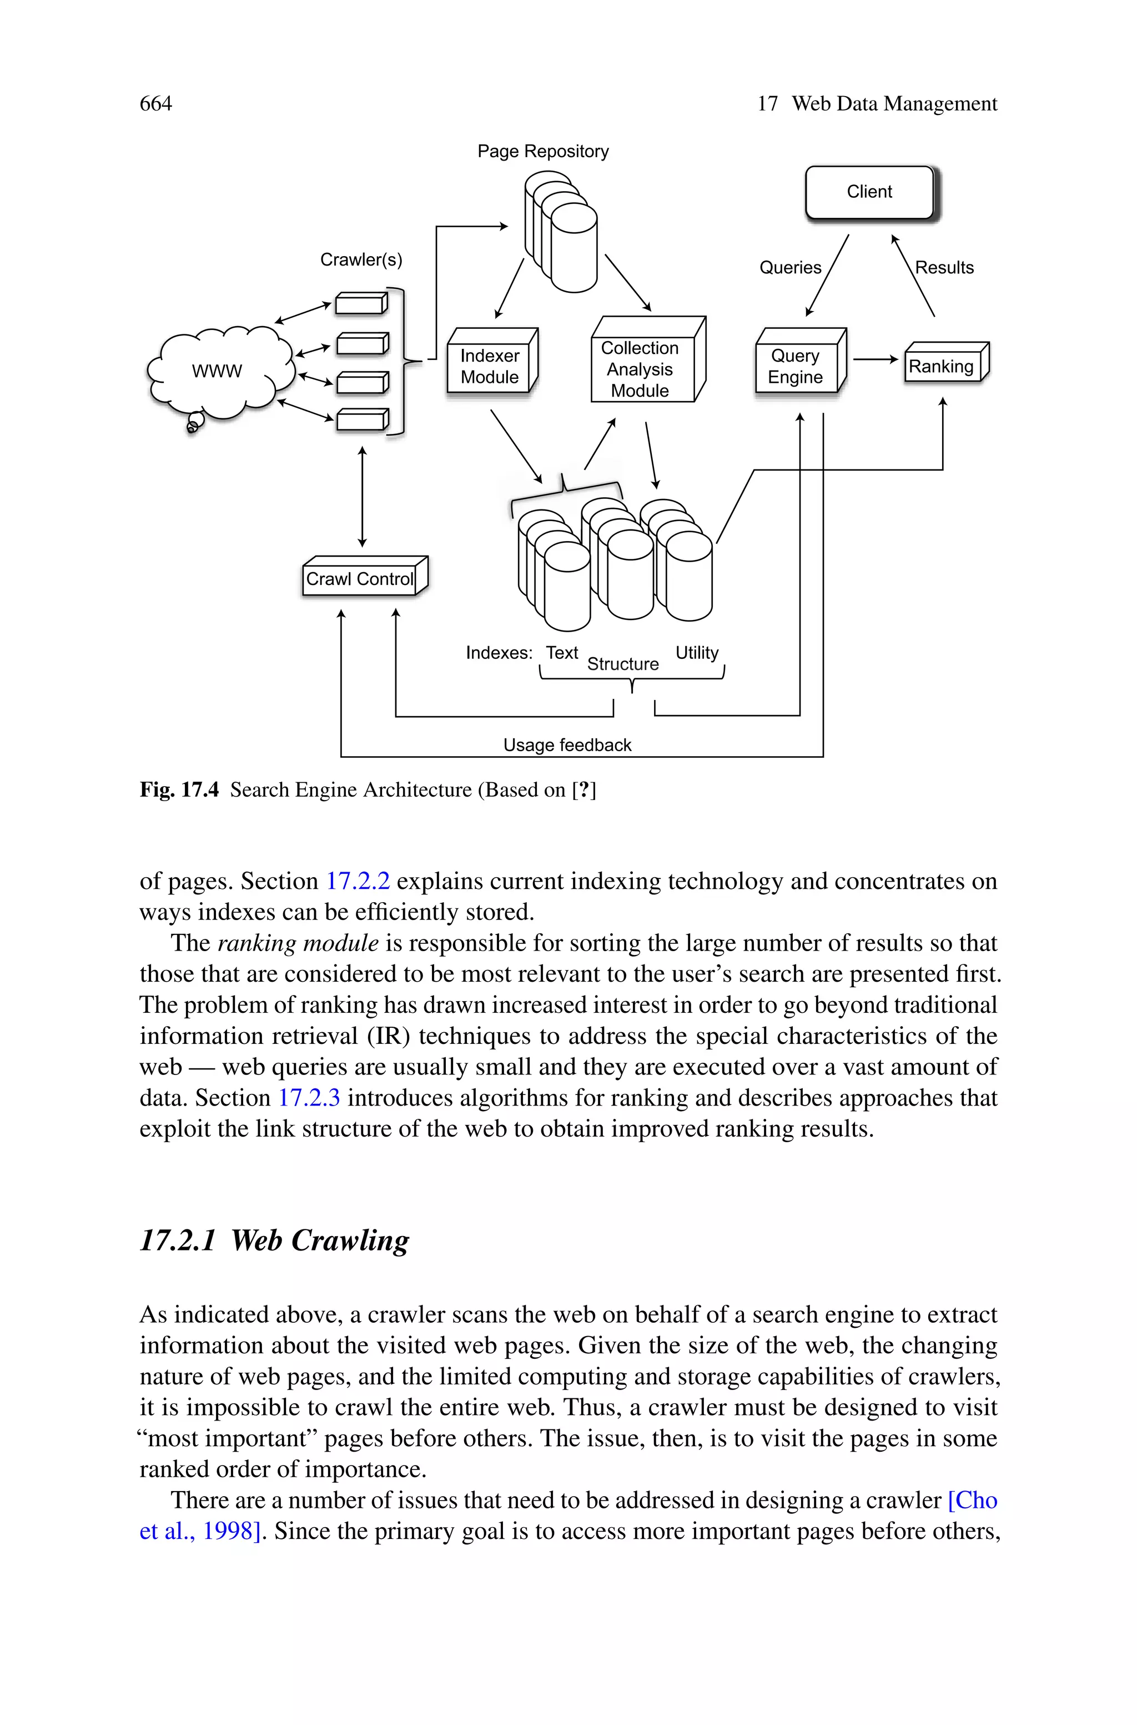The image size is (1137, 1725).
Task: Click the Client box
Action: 869,192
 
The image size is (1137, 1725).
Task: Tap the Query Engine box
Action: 796,366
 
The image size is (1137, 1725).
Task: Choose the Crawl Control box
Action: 360,579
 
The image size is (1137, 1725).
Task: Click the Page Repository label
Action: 542,152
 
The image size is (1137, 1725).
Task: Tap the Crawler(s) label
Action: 361,259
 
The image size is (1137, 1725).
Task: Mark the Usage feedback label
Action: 567,745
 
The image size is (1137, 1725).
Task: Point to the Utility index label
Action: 697,652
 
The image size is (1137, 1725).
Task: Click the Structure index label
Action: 622,664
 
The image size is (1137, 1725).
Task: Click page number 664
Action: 156,104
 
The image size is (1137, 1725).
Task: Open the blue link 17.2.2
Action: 358,881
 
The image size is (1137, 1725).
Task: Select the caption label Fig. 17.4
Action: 179,789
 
